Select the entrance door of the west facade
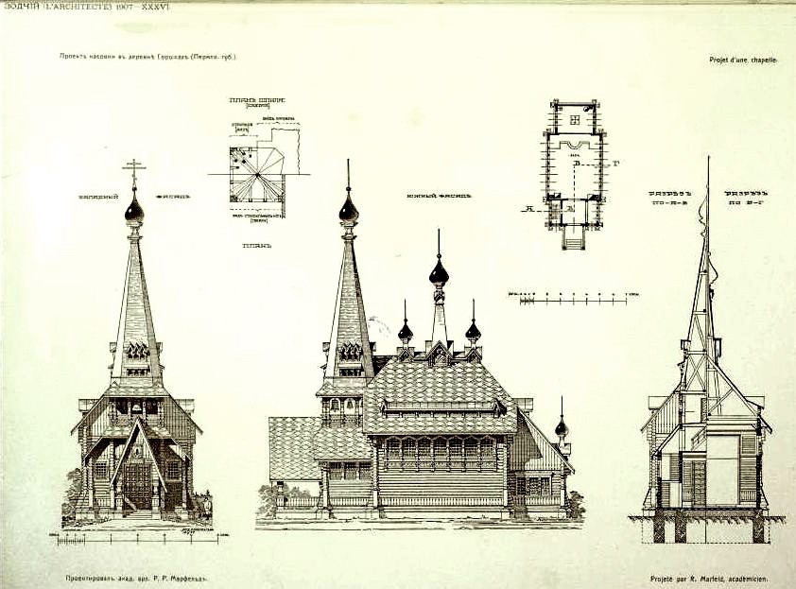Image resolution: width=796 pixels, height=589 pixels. [x=137, y=483]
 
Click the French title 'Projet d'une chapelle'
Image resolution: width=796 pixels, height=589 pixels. [x=743, y=60]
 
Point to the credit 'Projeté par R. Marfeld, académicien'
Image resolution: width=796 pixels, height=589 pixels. [x=708, y=577]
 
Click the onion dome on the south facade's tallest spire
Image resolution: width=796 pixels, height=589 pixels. [x=349, y=209]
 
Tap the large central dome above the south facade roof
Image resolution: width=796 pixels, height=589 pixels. [x=439, y=274]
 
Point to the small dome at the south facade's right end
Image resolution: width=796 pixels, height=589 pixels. [x=562, y=428]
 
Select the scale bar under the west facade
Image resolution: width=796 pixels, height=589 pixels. [x=137, y=540]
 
